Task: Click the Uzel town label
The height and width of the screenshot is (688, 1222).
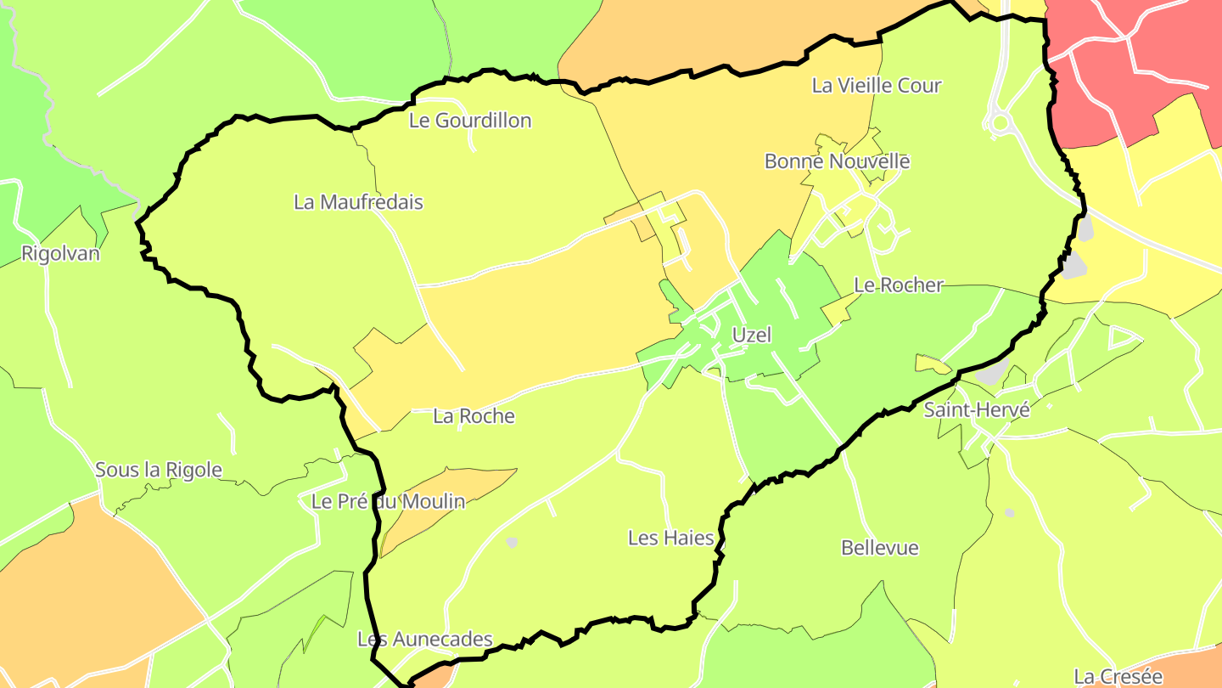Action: click(x=752, y=335)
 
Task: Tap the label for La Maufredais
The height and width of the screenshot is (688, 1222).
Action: click(x=358, y=202)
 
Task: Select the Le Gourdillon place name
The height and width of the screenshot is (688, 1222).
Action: click(x=470, y=121)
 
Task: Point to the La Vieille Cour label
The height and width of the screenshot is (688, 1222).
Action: click(x=877, y=86)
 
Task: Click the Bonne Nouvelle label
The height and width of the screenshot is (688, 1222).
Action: click(x=837, y=161)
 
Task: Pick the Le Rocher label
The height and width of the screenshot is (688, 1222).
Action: click(x=898, y=285)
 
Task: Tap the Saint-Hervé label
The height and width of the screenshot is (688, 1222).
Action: click(x=977, y=409)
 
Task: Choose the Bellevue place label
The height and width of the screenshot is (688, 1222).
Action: click(x=880, y=548)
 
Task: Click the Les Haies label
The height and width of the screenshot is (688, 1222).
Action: click(x=670, y=538)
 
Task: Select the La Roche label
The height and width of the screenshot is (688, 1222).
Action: click(x=474, y=416)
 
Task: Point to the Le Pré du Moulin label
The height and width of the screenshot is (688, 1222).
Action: click(x=389, y=501)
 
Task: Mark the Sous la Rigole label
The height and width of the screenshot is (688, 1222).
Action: click(x=159, y=470)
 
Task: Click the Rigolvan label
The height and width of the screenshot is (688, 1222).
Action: click(x=60, y=253)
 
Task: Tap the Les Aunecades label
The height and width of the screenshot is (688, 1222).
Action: click(x=424, y=639)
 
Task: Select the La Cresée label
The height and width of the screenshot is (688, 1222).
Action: click(x=1118, y=676)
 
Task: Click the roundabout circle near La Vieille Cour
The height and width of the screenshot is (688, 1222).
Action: click(x=1001, y=123)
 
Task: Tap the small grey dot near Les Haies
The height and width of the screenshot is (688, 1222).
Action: click(x=512, y=542)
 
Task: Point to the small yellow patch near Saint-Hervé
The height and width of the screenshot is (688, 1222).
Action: click(x=933, y=364)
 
